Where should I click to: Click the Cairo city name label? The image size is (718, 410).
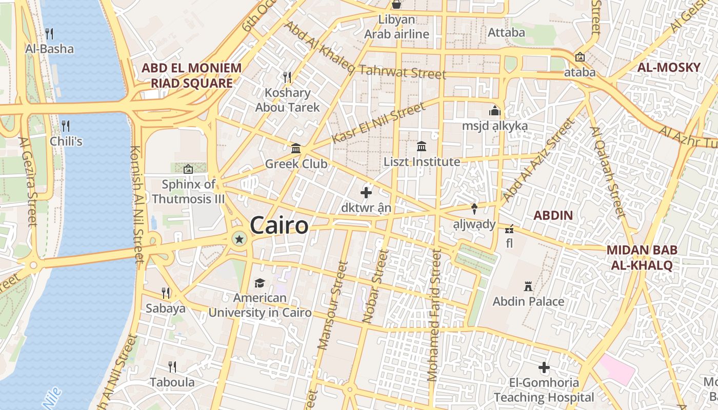pos(280,225)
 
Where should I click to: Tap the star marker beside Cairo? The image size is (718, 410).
pos(239,238)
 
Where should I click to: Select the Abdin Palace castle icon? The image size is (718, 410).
pos(528,286)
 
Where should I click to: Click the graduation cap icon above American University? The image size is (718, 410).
pos(260,283)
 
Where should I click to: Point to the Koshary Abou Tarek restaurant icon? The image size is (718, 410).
pos(287,77)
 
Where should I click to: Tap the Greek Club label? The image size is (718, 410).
pos(296,164)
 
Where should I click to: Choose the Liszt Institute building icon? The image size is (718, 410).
pos(422,147)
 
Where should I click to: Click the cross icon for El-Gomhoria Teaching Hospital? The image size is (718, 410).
pos(544,367)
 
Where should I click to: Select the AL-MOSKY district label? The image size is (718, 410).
pos(669,67)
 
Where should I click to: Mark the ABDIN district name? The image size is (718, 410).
pos(553,215)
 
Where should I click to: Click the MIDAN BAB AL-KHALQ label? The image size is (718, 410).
pos(642,257)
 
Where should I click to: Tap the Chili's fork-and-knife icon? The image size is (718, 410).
pos(66,126)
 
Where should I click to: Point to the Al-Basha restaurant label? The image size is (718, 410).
pos(49,49)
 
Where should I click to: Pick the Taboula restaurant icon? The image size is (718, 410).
pos(172,367)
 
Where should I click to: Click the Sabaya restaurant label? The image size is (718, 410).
pos(165,309)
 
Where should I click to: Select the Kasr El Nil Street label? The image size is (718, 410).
pos(378,123)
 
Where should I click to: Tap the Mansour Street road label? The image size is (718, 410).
pos(333,306)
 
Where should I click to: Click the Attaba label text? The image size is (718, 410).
pos(506,32)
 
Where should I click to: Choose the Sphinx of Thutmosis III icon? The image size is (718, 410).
pos(188,168)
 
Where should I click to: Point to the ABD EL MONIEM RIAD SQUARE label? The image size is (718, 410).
pos(191,75)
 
